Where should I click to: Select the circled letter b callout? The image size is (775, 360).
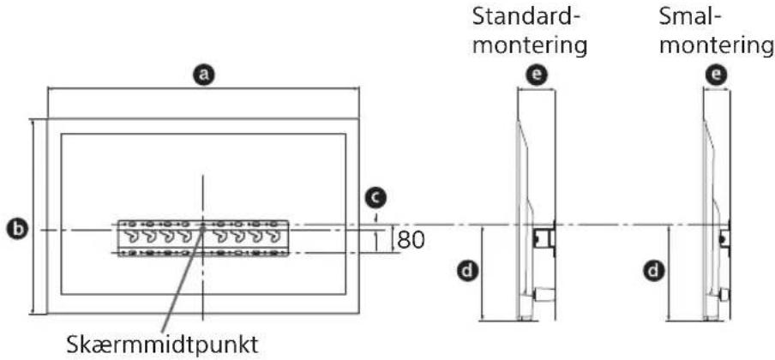click(15, 230)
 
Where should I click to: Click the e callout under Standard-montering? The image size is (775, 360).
click(537, 76)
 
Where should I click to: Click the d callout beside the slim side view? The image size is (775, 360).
click(652, 272)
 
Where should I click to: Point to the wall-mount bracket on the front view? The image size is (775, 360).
click(202, 239)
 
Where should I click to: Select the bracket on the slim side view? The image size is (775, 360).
click(724, 237)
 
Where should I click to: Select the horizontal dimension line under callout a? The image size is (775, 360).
click(202, 89)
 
